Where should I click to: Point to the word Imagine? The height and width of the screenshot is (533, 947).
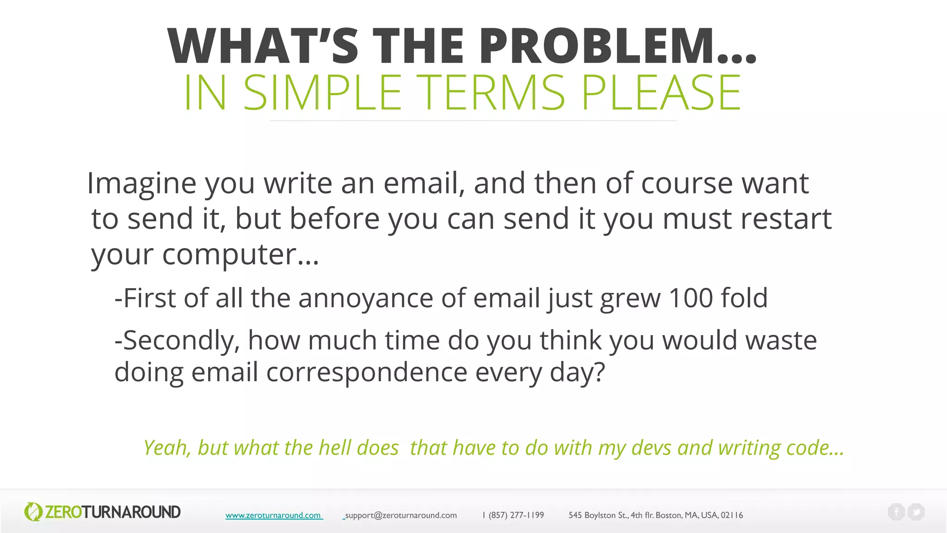pyautogui.click(x=141, y=183)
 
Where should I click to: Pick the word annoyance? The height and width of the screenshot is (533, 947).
pyautogui.click(x=365, y=298)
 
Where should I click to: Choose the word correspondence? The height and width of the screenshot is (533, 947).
pyautogui.click(x=367, y=372)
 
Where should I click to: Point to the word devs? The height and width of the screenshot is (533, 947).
pyautogui.click(x=651, y=448)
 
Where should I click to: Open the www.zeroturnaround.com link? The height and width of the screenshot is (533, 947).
pyautogui.click(x=273, y=515)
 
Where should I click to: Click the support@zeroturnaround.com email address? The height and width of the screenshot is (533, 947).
pyautogui.click(x=401, y=515)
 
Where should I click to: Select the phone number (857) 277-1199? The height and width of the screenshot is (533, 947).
pyautogui.click(x=516, y=515)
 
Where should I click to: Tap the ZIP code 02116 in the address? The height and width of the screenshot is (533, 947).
pyautogui.click(x=732, y=515)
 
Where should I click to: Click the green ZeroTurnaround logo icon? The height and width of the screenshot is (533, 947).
pyautogui.click(x=33, y=512)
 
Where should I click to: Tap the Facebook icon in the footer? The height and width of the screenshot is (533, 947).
pyautogui.click(x=896, y=512)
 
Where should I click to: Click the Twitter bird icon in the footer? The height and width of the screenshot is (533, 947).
pyautogui.click(x=916, y=512)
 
